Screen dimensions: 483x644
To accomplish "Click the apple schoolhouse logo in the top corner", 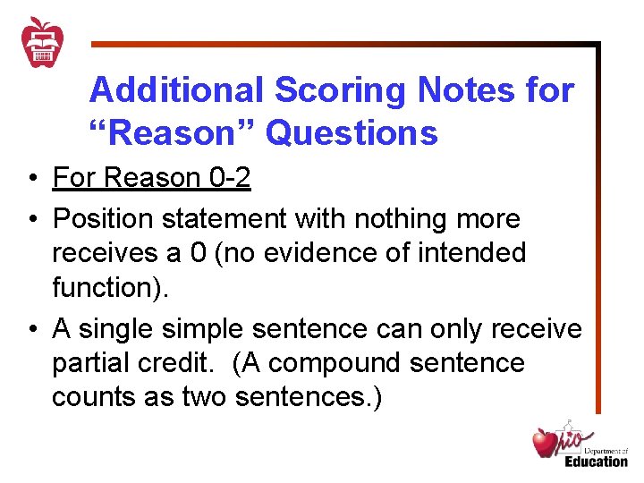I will click(43, 41).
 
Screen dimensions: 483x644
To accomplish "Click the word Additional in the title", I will click(175, 90).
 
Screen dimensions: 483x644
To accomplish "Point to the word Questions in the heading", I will click(352, 133).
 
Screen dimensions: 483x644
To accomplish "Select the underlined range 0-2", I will click(229, 178).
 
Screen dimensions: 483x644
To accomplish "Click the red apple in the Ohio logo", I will click(545, 443).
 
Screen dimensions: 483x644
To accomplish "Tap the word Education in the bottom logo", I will click(596, 462).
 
